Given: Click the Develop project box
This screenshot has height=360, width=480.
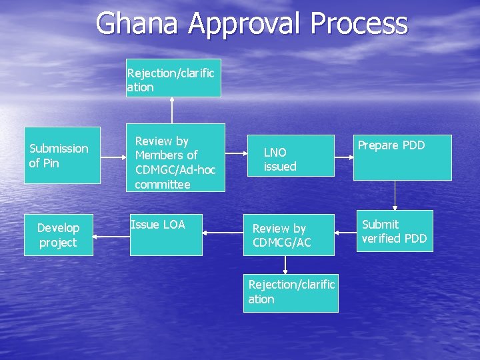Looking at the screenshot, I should point(58,235).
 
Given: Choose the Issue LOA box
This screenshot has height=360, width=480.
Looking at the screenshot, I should point(166,235).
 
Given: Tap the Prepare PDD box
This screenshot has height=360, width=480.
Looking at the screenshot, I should point(402,157).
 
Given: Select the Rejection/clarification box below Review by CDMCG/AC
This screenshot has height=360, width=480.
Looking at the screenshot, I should point(291,293).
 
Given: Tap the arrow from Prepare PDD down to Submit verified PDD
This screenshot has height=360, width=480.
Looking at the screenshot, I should point(395,195).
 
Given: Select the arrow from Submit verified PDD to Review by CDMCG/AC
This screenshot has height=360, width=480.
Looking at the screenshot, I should point(343,233).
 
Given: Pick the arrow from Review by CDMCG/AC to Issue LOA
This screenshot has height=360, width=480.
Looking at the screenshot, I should point(223,233).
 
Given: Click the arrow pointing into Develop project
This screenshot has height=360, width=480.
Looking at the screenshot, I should point(111,235).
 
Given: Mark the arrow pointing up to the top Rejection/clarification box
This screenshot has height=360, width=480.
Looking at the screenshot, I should point(173,111).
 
